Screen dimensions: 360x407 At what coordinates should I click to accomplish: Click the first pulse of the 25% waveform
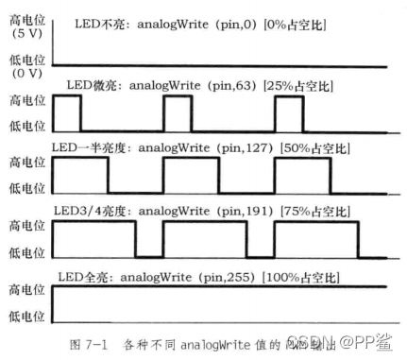click(67, 114)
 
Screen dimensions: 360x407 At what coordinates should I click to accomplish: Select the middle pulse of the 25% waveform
click(177, 114)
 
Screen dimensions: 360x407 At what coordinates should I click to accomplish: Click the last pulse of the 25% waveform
click(288, 114)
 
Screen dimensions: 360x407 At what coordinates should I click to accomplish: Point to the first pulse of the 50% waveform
click(80, 176)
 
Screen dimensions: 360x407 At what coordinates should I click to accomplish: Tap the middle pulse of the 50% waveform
click(191, 176)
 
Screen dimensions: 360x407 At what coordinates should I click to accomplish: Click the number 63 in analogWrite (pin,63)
click(231, 86)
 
